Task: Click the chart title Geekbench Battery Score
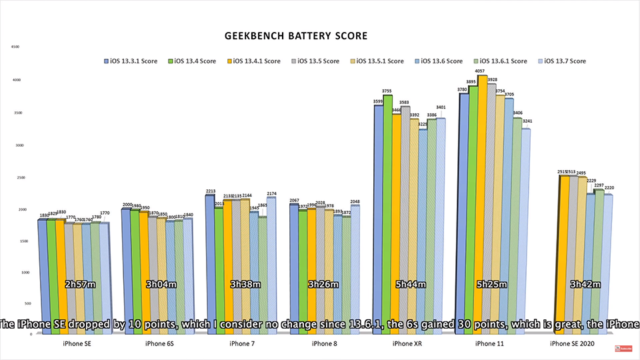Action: pyautogui.click(x=297, y=35)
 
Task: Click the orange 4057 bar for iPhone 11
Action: pyautogui.click(x=482, y=200)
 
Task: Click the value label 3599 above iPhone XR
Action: pyautogui.click(x=378, y=101)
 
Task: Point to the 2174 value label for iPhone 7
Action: pyautogui.click(x=271, y=193)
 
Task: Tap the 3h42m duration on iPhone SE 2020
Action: pyautogui.click(x=585, y=284)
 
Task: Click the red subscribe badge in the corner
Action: pyautogui.click(x=625, y=347)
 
